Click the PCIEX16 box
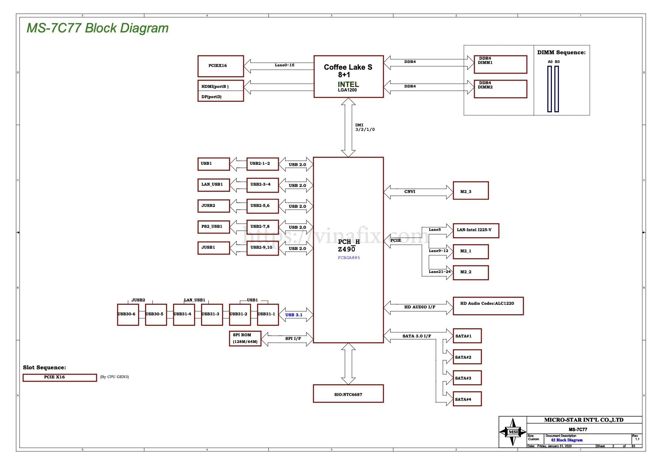(x=220, y=66)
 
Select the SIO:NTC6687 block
(x=348, y=394)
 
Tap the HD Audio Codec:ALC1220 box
(x=488, y=306)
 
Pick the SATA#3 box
(x=467, y=378)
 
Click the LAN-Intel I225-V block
(x=476, y=231)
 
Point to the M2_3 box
(x=471, y=191)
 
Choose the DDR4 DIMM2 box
(x=500, y=89)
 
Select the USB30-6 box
(x=128, y=315)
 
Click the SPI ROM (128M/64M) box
(x=245, y=338)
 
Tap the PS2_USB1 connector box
(x=214, y=227)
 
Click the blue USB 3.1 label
(x=294, y=315)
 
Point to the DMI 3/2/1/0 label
(x=365, y=127)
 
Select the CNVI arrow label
(x=410, y=191)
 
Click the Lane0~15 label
(x=284, y=65)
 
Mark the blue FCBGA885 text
(x=349, y=258)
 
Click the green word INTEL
(x=348, y=84)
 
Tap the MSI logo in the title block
(x=513, y=432)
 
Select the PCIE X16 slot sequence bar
(x=60, y=377)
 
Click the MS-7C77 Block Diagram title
(x=97, y=28)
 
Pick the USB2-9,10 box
(x=262, y=248)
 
